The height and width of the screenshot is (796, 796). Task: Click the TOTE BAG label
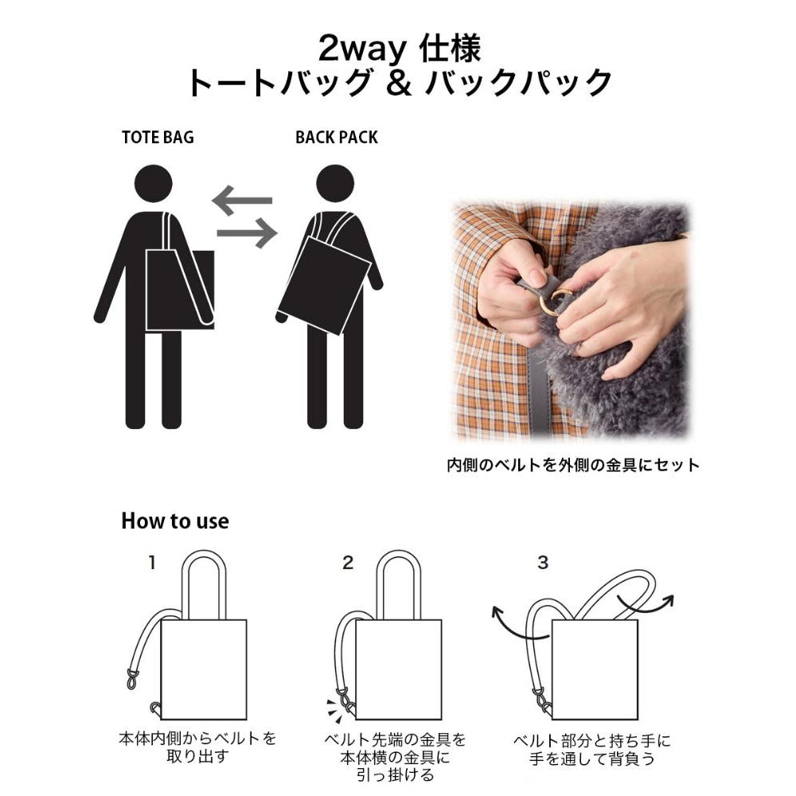tap(158, 137)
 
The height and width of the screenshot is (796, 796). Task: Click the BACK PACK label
tap(336, 137)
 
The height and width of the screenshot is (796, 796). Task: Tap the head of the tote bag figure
tap(153, 182)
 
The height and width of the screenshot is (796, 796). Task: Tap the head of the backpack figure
tap(335, 182)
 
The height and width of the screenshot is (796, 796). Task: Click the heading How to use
tap(174, 521)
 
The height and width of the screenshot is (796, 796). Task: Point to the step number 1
tap(152, 564)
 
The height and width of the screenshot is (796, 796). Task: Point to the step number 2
tap(347, 564)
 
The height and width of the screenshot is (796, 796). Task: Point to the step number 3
tap(543, 564)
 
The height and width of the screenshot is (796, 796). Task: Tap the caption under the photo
tap(572, 465)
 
